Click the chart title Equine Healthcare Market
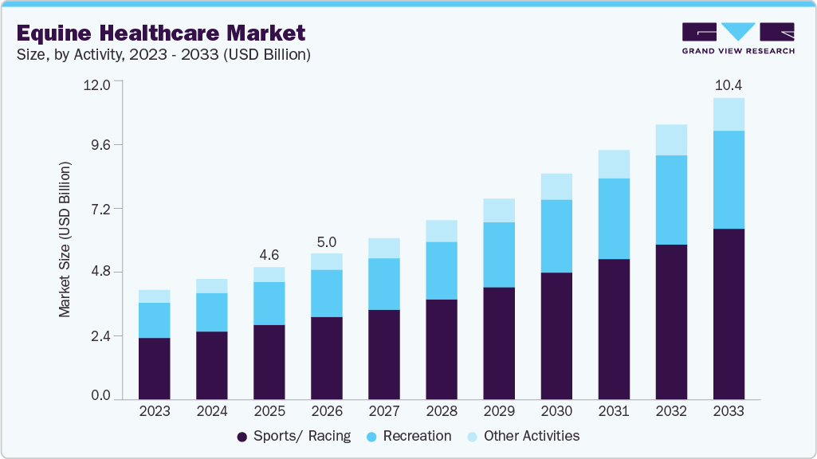click(160, 33)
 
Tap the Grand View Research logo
click(737, 38)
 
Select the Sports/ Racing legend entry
click(293, 436)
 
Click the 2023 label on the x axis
click(154, 411)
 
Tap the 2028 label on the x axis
click(442, 411)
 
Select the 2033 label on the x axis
click(729, 411)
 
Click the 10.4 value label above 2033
click(729, 84)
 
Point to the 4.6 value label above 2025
click(269, 255)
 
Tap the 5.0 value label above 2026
click(327, 241)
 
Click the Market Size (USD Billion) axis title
click(65, 239)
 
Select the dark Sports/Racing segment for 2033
click(729, 314)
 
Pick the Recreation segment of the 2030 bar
click(556, 236)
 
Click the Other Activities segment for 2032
click(671, 139)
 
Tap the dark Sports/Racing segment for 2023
click(154, 368)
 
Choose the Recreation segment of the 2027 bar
click(384, 284)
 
